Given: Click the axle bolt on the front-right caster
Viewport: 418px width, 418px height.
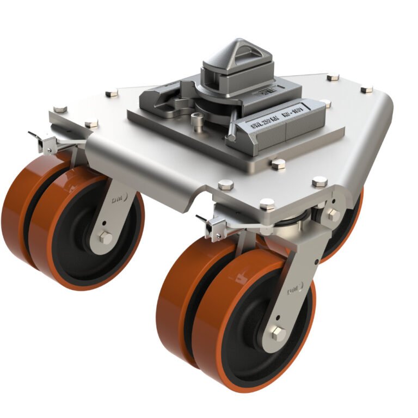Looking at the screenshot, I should coord(278,334).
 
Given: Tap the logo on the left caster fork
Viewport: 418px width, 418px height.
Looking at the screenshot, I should coord(117,201).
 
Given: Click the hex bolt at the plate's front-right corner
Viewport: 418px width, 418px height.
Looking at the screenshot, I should coord(319,182).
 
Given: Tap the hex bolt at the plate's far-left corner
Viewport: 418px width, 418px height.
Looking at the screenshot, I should coord(59,108).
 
